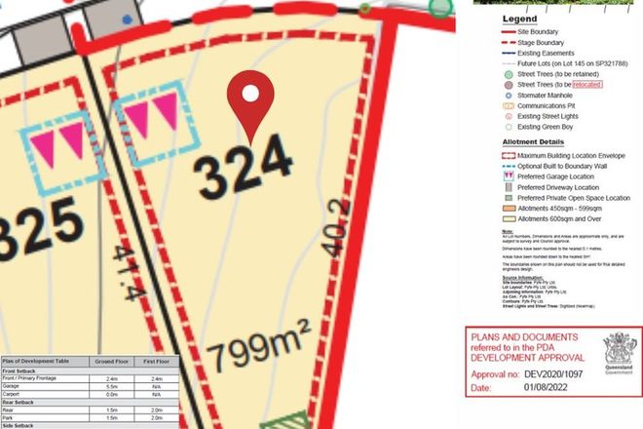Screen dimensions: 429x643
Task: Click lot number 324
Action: pos(244,172)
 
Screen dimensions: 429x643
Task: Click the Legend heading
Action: pos(518,19)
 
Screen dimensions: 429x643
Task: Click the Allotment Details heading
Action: pos(535,141)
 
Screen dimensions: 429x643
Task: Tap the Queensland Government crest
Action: pos(618,349)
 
